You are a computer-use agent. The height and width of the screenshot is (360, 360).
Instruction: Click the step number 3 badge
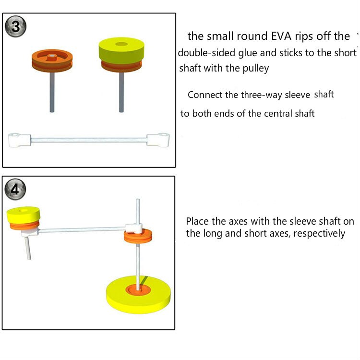16,27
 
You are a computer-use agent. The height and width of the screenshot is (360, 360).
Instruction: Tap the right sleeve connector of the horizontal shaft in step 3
158,139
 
